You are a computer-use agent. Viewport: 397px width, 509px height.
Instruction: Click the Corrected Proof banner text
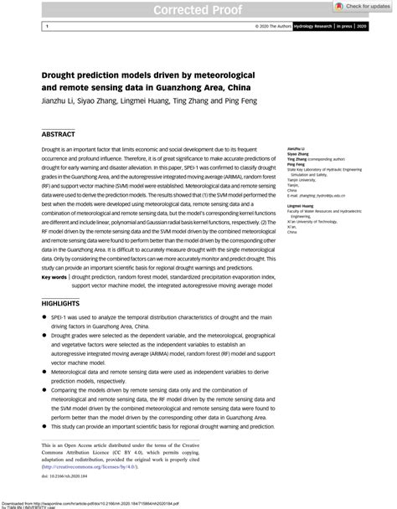coord(198,11)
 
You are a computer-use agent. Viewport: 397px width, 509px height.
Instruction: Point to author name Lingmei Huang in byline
coord(148,100)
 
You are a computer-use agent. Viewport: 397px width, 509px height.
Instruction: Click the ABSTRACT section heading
coord(59,134)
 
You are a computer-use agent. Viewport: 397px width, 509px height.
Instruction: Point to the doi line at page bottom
coord(65,475)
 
